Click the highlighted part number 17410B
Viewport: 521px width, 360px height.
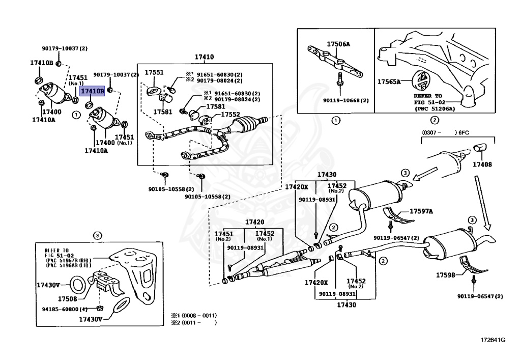(x=93, y=91)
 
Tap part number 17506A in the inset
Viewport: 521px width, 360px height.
(x=338, y=44)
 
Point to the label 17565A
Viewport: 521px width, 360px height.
(x=389, y=81)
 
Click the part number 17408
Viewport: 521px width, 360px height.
(x=482, y=164)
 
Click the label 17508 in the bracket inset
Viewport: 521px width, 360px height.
(x=67, y=299)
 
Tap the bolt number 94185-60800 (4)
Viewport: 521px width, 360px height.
(x=65, y=309)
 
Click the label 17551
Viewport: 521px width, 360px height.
(x=154, y=73)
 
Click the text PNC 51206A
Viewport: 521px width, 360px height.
(x=435, y=108)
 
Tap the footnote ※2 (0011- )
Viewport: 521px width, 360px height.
(x=193, y=322)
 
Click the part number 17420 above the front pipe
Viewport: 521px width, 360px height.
(x=255, y=222)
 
